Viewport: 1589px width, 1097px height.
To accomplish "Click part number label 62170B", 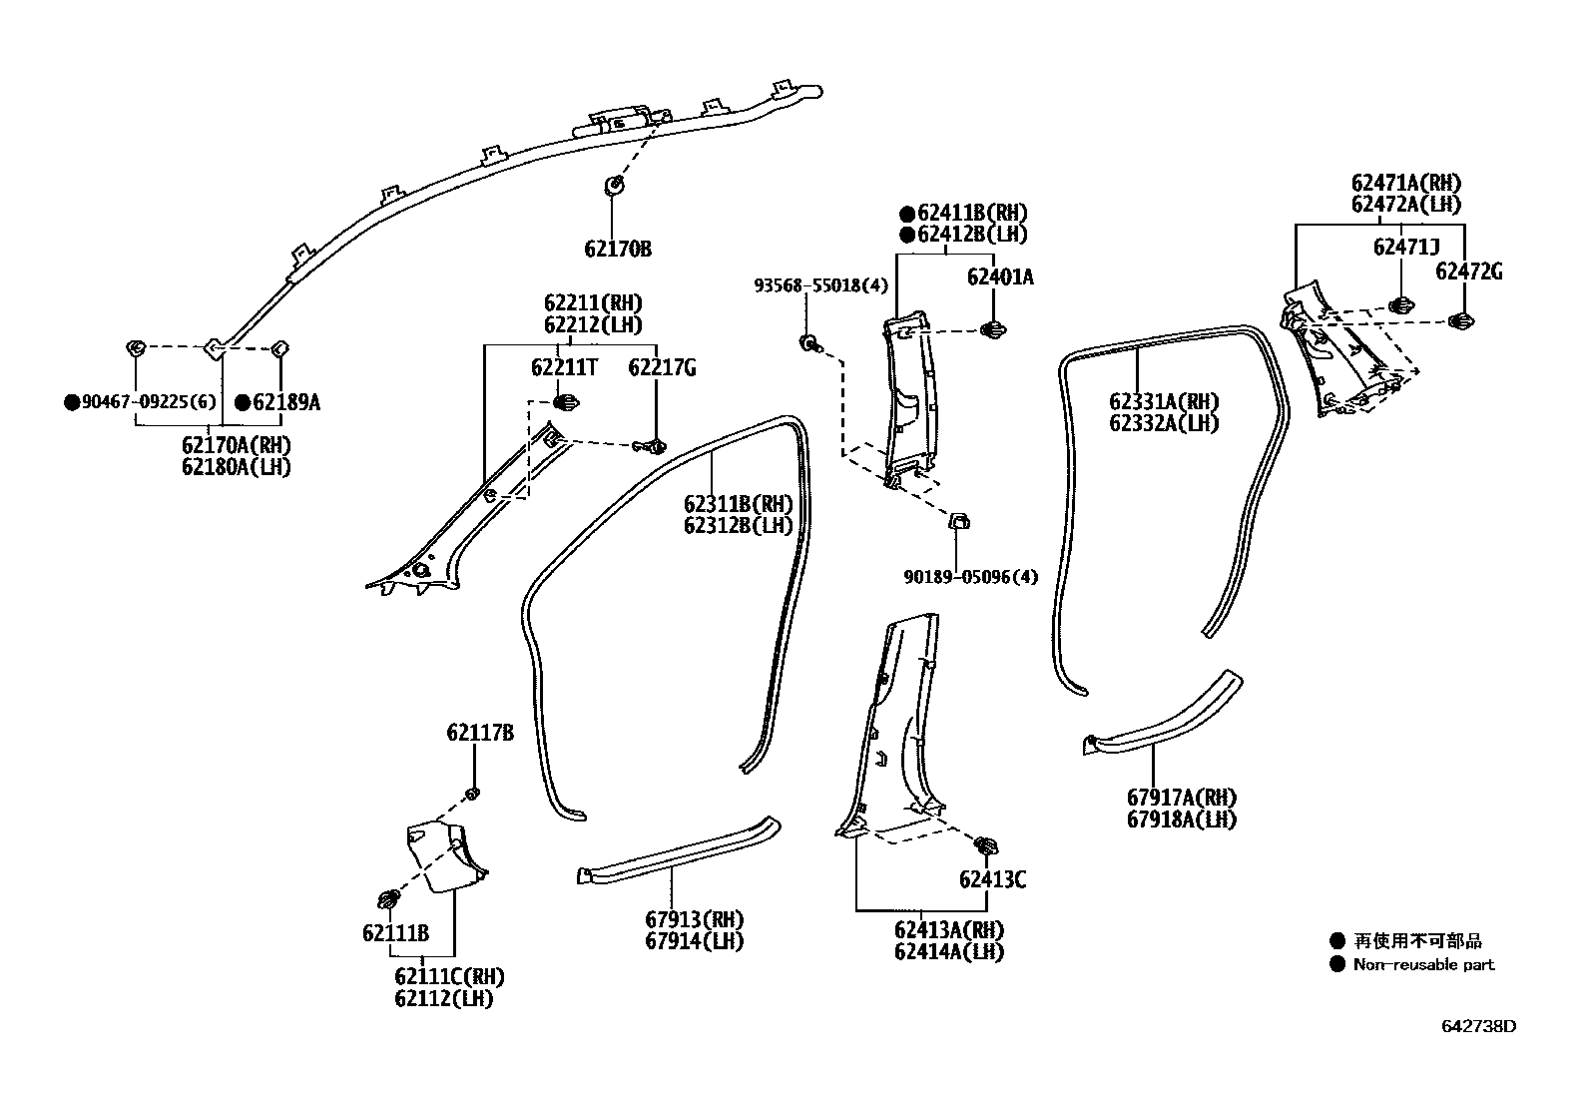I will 618,249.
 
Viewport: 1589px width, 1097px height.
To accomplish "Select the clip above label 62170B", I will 615,184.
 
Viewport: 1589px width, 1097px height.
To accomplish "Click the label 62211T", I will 564,368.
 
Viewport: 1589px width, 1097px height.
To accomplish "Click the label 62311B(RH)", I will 738,503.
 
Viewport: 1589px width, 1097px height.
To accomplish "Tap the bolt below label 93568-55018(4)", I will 809,344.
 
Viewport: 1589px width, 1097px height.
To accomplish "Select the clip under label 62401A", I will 993,328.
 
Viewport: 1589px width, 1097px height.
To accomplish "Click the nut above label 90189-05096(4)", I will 957,521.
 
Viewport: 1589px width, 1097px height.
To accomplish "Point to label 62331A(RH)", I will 1164,402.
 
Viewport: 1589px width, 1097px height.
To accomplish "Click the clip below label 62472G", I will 1462,320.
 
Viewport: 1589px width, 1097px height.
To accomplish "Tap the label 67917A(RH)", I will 1182,799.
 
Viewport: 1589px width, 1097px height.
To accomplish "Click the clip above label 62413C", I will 986,845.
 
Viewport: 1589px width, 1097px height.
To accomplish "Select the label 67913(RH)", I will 695,919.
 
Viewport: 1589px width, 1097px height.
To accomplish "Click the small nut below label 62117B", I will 474,794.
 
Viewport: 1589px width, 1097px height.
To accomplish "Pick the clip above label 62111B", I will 390,897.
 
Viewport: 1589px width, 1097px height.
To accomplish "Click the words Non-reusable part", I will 1423,964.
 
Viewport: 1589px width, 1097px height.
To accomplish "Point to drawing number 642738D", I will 1477,1025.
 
